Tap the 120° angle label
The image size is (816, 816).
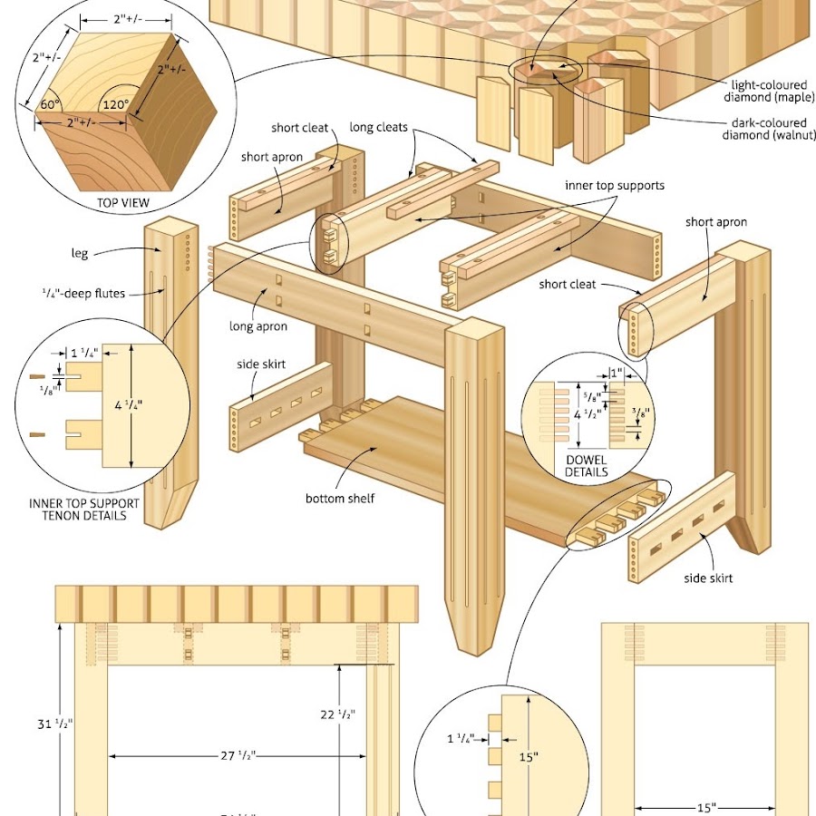pyautogui.click(x=115, y=103)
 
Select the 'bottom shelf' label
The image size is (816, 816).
pyautogui.click(x=339, y=498)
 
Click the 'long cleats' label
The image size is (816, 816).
pyautogui.click(x=379, y=128)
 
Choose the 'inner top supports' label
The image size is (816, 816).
pyautogui.click(x=615, y=186)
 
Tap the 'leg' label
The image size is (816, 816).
pyautogui.click(x=80, y=254)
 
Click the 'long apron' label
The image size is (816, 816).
pyautogui.click(x=258, y=326)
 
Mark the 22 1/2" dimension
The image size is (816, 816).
pyautogui.click(x=337, y=714)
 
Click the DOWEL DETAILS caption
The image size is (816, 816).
pyautogui.click(x=586, y=466)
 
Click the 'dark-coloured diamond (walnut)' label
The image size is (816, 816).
pyautogui.click(x=764, y=130)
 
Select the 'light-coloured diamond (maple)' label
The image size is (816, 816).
pyautogui.click(x=764, y=91)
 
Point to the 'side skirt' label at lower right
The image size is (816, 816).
pyautogui.click(x=708, y=578)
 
